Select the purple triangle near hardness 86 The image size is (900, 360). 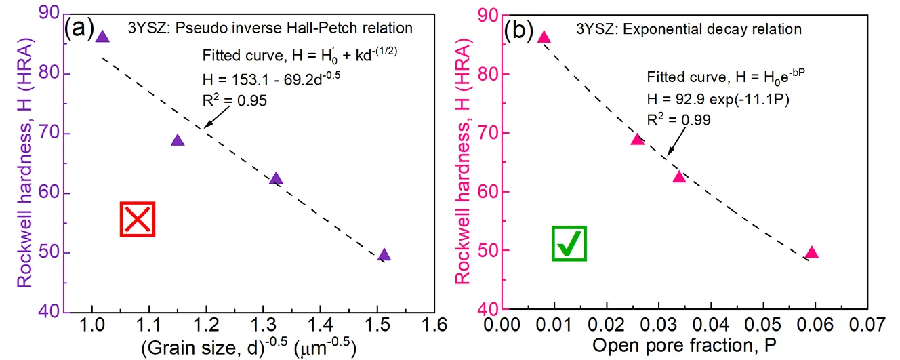click(x=102, y=37)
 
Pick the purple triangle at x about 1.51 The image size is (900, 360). click(x=384, y=256)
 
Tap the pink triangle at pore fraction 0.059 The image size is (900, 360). click(x=811, y=253)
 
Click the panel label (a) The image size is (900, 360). click(x=79, y=28)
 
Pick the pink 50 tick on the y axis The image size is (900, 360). click(x=487, y=251)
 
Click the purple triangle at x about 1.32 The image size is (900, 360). click(x=275, y=179)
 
